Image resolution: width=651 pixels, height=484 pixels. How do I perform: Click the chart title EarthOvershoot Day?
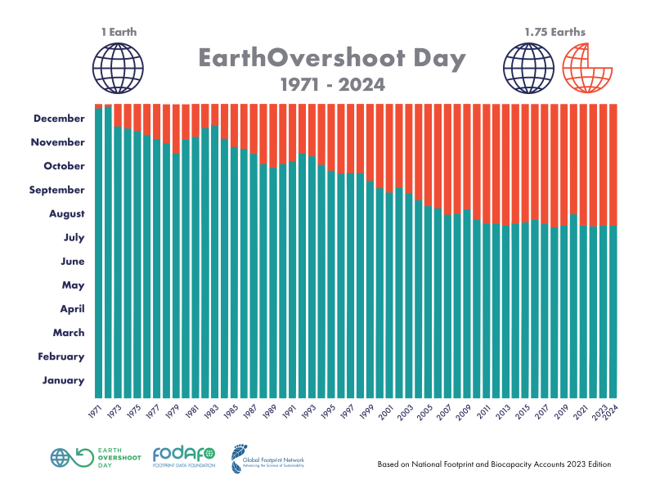[x=332, y=59]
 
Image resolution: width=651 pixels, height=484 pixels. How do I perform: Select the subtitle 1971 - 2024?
[x=332, y=84]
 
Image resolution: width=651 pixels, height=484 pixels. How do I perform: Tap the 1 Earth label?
[x=119, y=33]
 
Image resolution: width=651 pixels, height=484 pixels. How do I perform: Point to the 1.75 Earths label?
[x=555, y=33]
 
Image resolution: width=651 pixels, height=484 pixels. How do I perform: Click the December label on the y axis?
[x=59, y=119]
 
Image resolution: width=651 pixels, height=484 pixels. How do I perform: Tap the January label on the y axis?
[x=63, y=380]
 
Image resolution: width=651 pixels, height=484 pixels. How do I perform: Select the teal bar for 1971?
[x=99, y=253]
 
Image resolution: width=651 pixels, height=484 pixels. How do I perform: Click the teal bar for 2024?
[x=613, y=311]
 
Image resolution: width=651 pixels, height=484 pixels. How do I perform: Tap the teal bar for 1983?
[x=214, y=262]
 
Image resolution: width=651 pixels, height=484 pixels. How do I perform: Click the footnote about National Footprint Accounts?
[x=494, y=464]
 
